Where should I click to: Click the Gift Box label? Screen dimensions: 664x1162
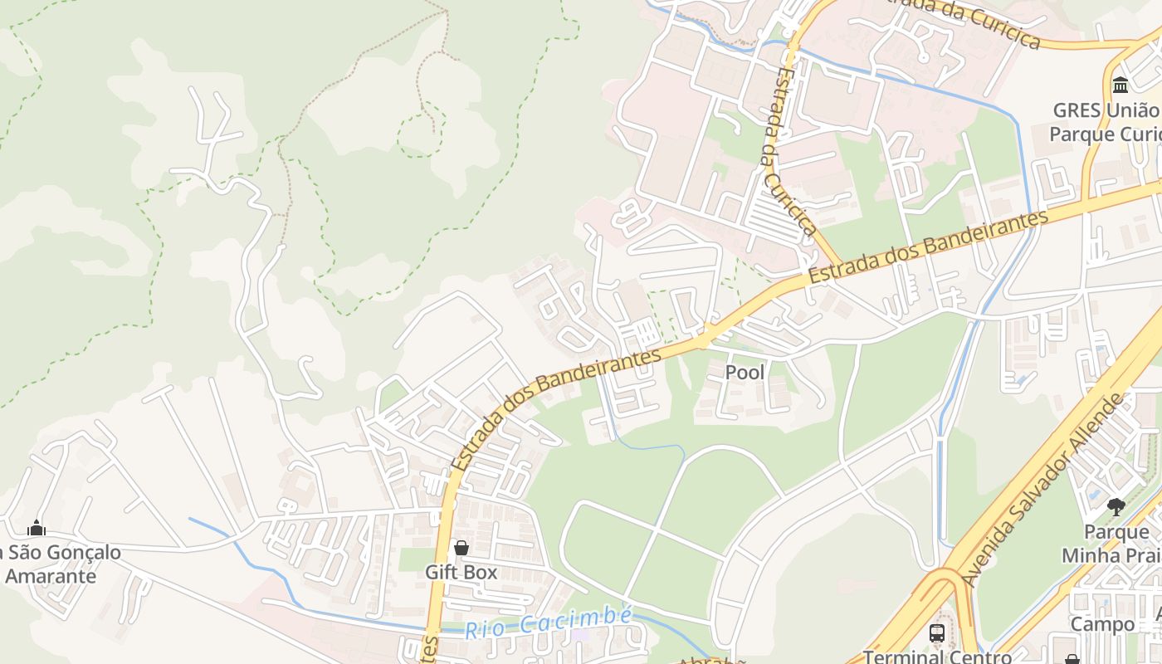461,572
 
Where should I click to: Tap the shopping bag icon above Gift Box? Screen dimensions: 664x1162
461,548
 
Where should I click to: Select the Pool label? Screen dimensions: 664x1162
745,373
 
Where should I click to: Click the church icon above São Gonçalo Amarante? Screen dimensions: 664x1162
36,528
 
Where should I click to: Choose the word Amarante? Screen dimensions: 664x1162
51,576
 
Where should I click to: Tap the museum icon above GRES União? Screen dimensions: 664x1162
1120,85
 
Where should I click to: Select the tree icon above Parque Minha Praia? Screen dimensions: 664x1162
1116,506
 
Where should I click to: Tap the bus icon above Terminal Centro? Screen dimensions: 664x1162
937,633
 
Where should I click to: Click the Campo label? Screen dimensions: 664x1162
1101,624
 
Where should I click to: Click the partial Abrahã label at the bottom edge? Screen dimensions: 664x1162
702,660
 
